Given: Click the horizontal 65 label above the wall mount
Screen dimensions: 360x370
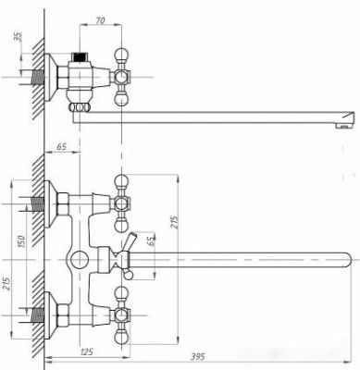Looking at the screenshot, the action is tap(62, 146).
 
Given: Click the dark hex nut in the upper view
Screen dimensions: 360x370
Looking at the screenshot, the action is tap(81, 58).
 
